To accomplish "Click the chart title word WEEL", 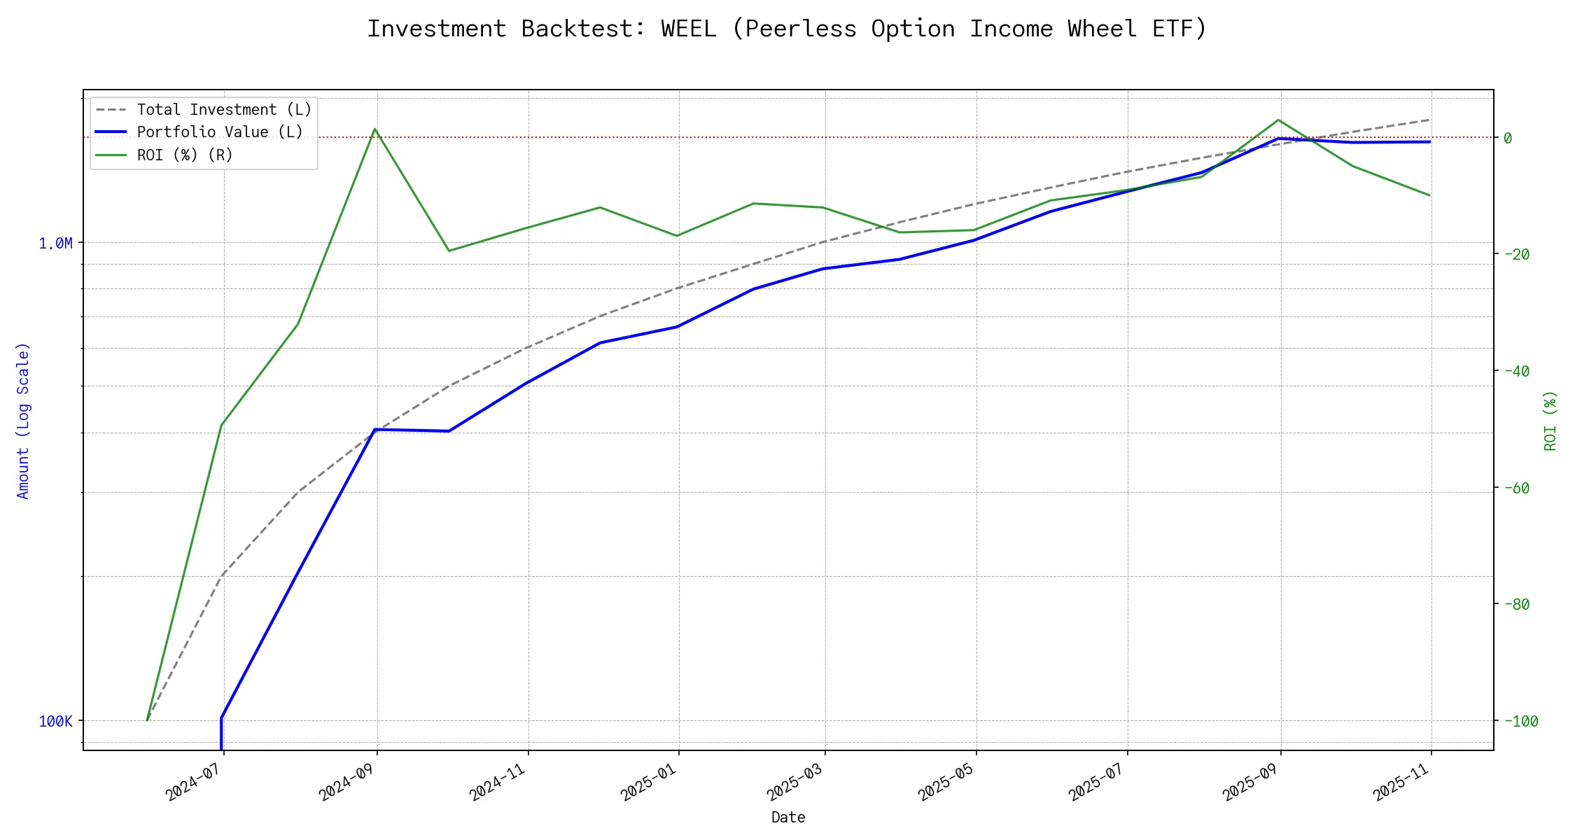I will (688, 29).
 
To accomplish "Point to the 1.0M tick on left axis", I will (55, 244).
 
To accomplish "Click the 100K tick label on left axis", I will (55, 721).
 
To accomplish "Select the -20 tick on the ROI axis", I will (1516, 254).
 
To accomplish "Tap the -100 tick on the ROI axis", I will (1520, 721).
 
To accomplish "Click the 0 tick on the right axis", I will (1508, 138).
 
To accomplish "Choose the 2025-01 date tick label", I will (649, 783).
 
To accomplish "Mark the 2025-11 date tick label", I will (1401, 783).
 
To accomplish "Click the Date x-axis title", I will (788, 817).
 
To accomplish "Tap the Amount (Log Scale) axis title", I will (23, 420).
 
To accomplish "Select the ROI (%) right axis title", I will (1550, 420).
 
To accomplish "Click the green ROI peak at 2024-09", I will (375, 129).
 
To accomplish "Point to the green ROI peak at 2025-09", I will (1279, 120).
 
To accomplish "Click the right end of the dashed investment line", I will (1429, 120).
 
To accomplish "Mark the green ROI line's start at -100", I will (147, 720).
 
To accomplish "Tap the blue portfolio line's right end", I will (1429, 141).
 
